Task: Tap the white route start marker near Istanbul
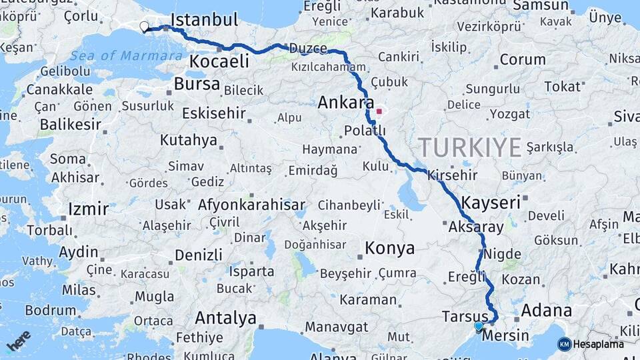pos(144,27)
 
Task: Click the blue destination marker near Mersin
pos(479,326)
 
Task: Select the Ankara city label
pos(346,103)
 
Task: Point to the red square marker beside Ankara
pos(379,111)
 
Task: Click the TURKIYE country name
pos(470,146)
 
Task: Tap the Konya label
pos(389,249)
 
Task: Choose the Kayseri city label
pos(491,203)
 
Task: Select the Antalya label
pos(226,317)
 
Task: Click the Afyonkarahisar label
pos(251,205)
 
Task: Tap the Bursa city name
pos(197,84)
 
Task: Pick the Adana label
pos(546,310)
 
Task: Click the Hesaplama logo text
pos(598,344)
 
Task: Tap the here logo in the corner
pos(18,340)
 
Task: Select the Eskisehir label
pos(213,113)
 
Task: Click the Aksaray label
pos(477,227)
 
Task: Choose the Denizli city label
pos(198,255)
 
